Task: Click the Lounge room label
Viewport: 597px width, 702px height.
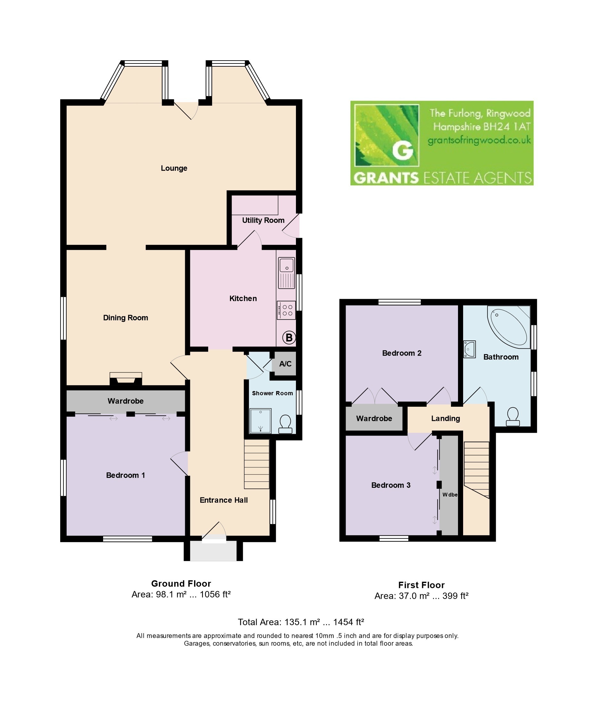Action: tap(174, 168)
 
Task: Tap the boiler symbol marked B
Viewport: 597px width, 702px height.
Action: tap(289, 338)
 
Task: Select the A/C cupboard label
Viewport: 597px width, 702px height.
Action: tap(285, 364)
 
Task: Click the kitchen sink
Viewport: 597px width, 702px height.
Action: tap(287, 273)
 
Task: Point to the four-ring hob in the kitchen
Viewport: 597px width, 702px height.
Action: tap(286, 311)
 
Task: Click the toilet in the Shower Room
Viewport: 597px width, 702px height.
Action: tap(286, 424)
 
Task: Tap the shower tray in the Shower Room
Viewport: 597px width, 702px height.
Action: tap(261, 421)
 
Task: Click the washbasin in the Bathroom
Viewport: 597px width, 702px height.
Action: tap(470, 349)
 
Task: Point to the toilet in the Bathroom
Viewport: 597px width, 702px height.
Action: tap(513, 416)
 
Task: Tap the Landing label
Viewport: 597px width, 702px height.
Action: tap(446, 419)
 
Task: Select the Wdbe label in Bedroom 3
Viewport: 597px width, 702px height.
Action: tap(450, 495)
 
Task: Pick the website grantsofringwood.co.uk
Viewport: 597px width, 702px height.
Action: tap(479, 140)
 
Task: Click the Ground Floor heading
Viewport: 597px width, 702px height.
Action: tap(181, 583)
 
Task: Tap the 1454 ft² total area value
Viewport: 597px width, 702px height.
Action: tap(348, 622)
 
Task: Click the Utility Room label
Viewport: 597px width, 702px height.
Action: tap(263, 221)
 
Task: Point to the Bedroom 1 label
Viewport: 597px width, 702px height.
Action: tap(126, 475)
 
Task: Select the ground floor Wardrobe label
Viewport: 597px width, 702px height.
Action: tap(126, 401)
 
